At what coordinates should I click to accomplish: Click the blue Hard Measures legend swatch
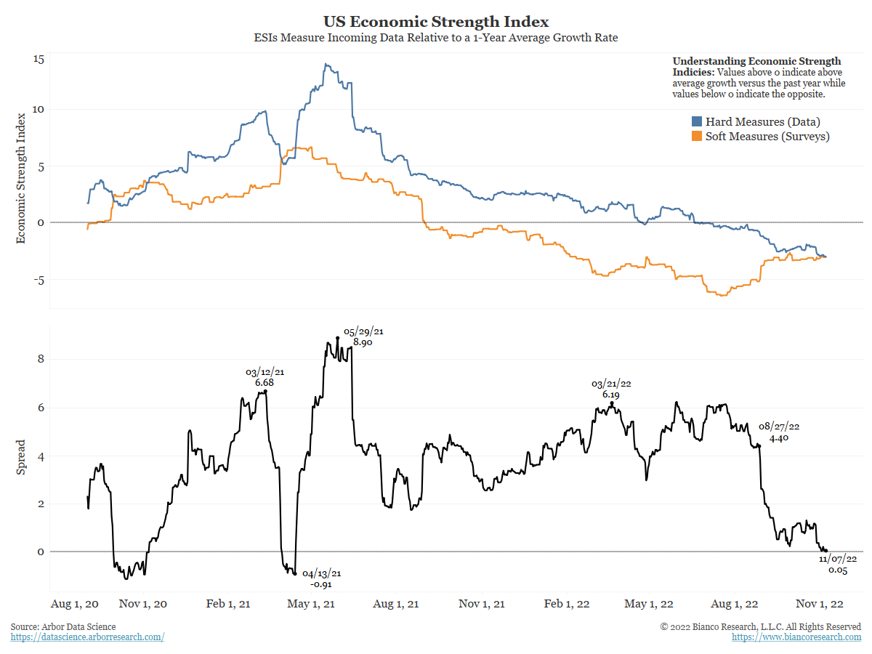pos(696,122)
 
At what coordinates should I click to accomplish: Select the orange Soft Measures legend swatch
pos(696,137)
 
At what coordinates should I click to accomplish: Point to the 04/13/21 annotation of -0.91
pos(321,578)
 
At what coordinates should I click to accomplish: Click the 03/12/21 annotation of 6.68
pos(265,377)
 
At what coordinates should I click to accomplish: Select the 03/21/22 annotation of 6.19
pos(611,389)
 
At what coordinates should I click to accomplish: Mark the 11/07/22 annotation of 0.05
pos(838,565)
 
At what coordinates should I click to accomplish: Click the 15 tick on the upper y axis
pos(39,60)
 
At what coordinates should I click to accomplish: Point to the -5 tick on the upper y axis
pos(39,280)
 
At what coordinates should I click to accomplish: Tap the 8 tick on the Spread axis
pos(41,359)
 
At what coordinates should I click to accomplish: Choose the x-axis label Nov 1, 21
pos(482,605)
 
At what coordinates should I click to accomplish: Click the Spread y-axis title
pos(21,456)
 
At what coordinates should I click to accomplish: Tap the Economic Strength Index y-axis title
pos(21,177)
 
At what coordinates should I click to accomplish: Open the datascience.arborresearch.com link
pos(87,637)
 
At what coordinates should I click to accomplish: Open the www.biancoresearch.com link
pos(796,637)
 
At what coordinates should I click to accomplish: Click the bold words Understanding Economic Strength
pos(756,61)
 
